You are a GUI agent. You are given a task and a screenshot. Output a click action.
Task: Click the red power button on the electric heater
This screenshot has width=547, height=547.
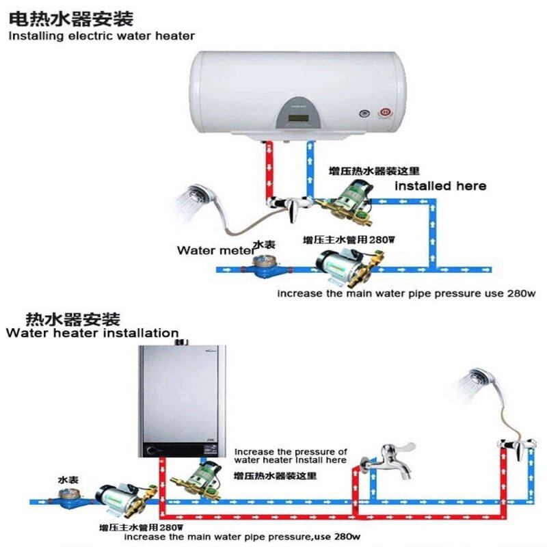click(384, 111)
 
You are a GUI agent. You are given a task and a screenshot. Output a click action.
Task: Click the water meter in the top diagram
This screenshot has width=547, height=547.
click(262, 266)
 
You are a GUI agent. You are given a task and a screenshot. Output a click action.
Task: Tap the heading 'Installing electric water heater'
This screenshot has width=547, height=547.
click(101, 36)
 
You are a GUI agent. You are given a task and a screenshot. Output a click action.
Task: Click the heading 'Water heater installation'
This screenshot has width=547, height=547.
click(92, 333)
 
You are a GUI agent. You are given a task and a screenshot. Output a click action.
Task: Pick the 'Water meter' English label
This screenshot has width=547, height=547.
click(213, 250)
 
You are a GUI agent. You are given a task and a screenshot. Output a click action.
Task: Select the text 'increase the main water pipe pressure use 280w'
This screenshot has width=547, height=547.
click(405, 294)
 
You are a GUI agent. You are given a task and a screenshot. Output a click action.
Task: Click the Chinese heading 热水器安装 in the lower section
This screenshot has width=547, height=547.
click(72, 319)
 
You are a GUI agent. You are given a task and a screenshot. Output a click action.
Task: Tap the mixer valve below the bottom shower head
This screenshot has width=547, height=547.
click(517, 448)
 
